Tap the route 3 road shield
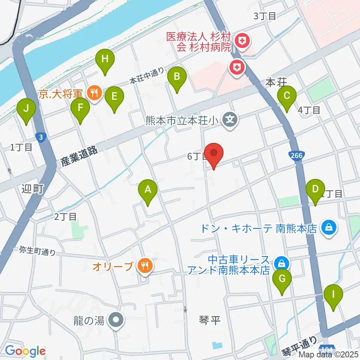coord(41,137)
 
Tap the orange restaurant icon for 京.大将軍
coord(94,92)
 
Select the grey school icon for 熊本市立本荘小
coord(229,120)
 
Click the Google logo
coord(25,351)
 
